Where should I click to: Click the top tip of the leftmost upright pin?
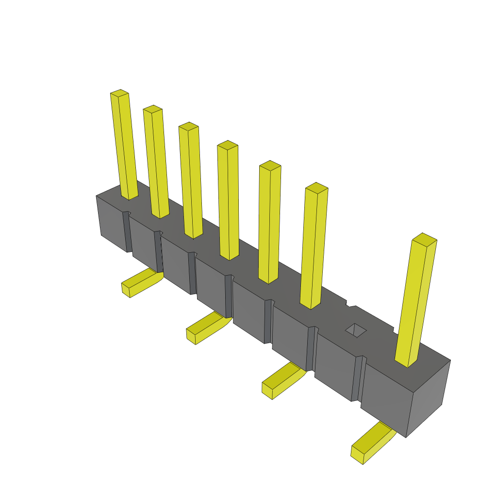pyautogui.click(x=119, y=93)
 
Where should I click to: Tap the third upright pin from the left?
pyautogui.click(x=191, y=180)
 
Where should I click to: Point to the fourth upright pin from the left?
pyautogui.click(x=228, y=199)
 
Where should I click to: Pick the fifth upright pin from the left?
pyautogui.click(x=269, y=221)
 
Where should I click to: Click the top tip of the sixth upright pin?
pyautogui.click(x=316, y=187)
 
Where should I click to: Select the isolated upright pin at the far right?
pyautogui.click(x=416, y=301)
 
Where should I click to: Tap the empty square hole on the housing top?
pyautogui.click(x=356, y=330)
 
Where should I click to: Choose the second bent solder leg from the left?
pyautogui.click(x=206, y=328)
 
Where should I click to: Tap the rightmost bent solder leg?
pyautogui.click(x=371, y=442)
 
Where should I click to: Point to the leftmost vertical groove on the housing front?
pyautogui.click(x=127, y=232)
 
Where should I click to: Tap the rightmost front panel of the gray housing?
pyautogui.click(x=386, y=396)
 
